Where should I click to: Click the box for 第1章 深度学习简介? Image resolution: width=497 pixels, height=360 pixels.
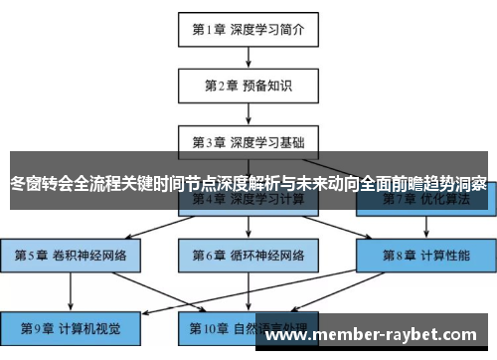click(248, 30)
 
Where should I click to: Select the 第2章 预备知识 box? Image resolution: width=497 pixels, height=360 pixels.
click(248, 86)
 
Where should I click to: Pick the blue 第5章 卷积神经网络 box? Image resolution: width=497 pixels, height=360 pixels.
click(71, 255)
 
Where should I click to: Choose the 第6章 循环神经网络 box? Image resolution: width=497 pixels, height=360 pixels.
click(248, 255)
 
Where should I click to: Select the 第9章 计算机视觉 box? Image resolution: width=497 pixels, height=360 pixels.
click(71, 325)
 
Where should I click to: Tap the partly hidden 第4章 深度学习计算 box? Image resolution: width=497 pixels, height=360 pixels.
click(248, 200)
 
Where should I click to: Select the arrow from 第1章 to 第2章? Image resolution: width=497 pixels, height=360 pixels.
click(248, 58)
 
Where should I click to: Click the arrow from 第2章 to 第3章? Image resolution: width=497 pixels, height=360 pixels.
click(248, 112)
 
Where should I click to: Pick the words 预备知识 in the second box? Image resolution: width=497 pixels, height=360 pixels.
click(268, 86)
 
